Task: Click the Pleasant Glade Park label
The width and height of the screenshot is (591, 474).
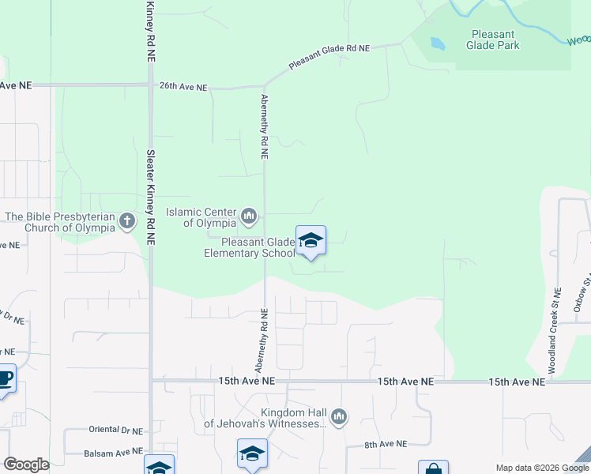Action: [x=494, y=39]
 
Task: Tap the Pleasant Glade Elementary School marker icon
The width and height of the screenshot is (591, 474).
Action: [x=311, y=241]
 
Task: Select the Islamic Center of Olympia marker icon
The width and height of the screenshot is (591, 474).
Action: [x=249, y=215]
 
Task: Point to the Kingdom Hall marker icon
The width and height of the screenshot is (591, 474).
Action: [x=339, y=416]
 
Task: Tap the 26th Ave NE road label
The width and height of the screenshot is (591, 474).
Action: [x=183, y=86]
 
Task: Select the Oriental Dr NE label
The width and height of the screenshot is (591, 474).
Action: [x=115, y=431]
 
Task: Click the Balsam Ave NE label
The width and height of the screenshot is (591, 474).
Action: [x=113, y=453]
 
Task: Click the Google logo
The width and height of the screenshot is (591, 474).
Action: [x=25, y=465]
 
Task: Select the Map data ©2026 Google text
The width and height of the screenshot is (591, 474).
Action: [x=541, y=468]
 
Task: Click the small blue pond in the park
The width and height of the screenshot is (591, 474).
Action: [x=437, y=44]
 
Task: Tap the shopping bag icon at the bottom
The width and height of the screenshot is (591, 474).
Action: [x=433, y=468]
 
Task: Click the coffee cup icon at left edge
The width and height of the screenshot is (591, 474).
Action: [x=5, y=378]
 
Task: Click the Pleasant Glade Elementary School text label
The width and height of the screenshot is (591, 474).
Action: [x=249, y=247]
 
